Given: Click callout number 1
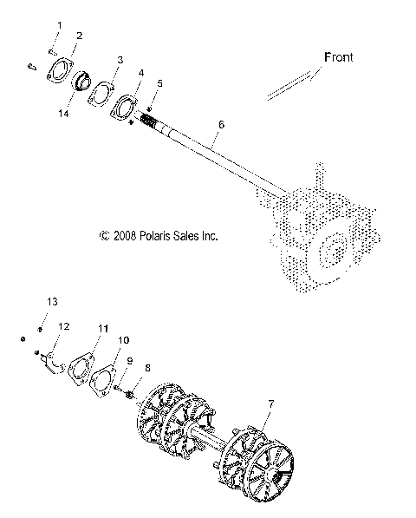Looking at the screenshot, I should click(x=60, y=23).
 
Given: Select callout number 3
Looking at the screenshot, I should click(x=120, y=59).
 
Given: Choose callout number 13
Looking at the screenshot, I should click(x=51, y=301).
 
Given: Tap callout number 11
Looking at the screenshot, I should click(x=102, y=328).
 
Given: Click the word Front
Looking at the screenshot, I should click(x=339, y=57).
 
